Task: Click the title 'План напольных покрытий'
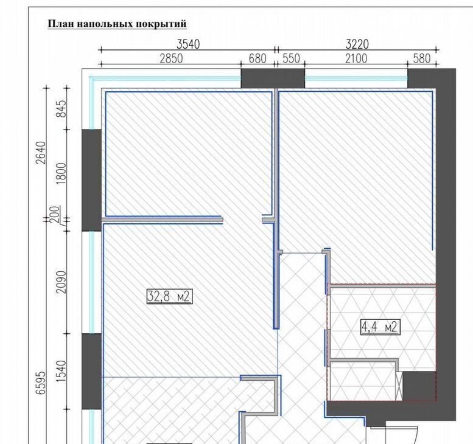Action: point(117,24)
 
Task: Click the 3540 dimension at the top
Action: point(188,44)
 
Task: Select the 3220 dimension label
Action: point(357,44)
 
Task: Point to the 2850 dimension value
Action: point(171,58)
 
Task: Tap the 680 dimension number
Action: point(258,58)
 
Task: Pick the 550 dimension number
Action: point(291,58)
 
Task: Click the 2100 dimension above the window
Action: point(356,58)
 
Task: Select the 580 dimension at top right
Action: point(421,58)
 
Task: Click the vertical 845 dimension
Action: point(61,108)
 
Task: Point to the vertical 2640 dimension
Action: point(41,153)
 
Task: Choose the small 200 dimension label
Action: point(55,214)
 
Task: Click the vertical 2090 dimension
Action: point(61,282)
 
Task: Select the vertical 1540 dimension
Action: point(61,371)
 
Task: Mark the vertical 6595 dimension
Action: point(41,383)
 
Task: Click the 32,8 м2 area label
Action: point(169,297)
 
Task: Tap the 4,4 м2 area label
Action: point(380,327)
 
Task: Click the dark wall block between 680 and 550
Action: point(273,78)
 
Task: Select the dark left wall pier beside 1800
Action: point(92,180)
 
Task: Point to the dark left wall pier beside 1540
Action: point(92,372)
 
